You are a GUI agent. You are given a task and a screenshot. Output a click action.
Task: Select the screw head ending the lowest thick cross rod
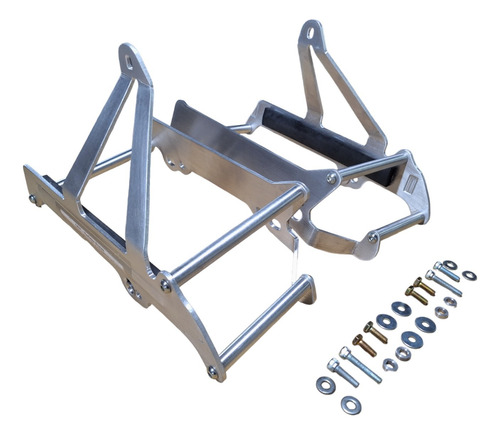(x=212, y=372)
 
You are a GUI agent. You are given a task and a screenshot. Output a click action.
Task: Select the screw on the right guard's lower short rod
(x=371, y=237)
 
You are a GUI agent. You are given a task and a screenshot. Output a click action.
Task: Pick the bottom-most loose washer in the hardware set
(x=350, y=404)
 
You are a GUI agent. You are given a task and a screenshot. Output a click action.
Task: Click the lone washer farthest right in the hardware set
(x=470, y=275)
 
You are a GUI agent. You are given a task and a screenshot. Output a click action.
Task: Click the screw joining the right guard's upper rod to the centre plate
(x=331, y=178)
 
